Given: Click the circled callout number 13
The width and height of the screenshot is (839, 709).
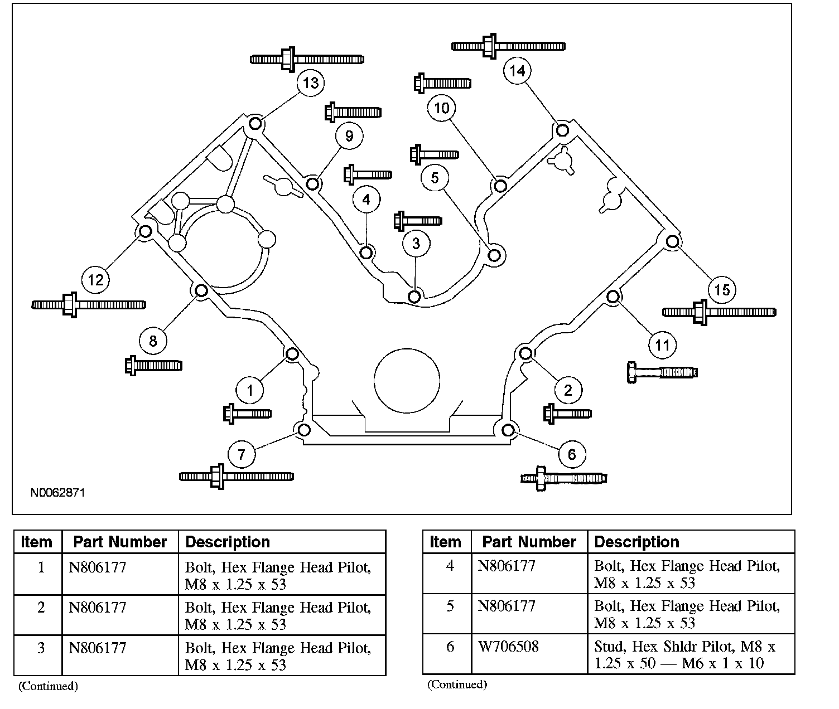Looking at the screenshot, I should pos(310,83).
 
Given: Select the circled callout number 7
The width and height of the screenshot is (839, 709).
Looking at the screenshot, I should pos(241,455).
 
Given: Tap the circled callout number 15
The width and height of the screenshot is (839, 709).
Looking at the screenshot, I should pos(722,290).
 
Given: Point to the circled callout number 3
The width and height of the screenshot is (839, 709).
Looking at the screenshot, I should pos(416,243).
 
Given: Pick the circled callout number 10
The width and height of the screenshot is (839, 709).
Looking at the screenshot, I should pos(441,108).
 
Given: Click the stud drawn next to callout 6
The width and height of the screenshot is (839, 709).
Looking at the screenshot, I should pos(563,478).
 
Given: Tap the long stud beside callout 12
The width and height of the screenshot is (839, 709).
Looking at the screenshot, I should pos(89,305).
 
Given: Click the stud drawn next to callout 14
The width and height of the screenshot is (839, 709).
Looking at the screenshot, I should pos(508,46).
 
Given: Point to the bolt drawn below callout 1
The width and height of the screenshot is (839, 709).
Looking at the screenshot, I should pos(247,414).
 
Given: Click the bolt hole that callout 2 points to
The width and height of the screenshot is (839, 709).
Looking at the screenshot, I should pos(525,353).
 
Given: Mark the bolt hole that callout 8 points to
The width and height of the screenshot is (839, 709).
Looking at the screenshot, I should pos(200,290).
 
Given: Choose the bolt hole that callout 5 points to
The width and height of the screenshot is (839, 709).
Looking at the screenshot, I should pos(494,255).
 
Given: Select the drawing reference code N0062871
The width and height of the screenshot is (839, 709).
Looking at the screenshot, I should pos(58,493).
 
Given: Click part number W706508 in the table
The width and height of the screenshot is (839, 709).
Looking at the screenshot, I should pos(508,647).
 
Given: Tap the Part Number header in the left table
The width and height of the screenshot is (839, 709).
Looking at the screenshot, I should pos(120,542).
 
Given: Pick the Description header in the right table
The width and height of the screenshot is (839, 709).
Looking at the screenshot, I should pos(637,542).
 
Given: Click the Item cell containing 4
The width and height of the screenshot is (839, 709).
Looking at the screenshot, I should pos(450,566).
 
